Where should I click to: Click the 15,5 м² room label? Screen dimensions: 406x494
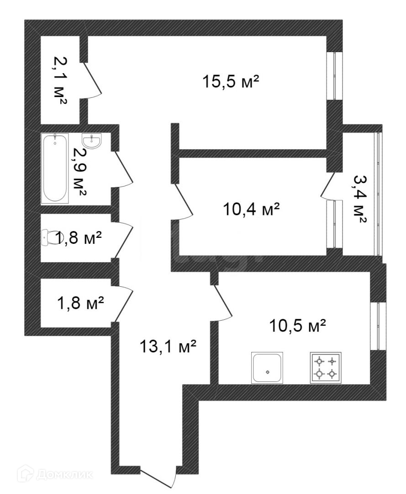coord(230,82)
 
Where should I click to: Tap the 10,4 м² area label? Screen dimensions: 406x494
coord(251,210)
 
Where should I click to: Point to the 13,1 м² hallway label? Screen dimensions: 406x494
coord(168,347)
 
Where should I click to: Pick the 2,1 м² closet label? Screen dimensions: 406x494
coord(60,81)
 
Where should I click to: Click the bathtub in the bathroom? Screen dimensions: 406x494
coord(55,168)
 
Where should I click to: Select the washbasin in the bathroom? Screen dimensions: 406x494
coord(93,140)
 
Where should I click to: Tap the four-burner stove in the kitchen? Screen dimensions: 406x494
coord(325,367)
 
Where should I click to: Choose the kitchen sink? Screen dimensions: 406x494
coord(267,367)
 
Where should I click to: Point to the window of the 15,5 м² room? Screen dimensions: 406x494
coord(337,76)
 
